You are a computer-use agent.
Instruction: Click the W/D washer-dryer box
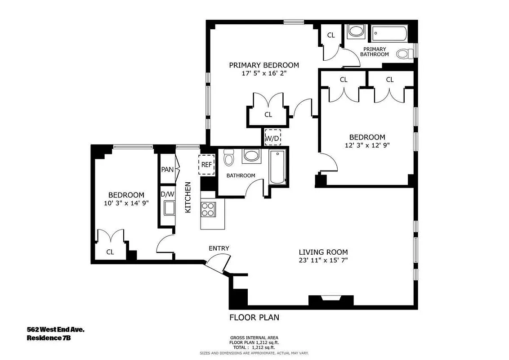pos(272,137)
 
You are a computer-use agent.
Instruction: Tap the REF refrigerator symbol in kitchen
pos(206,164)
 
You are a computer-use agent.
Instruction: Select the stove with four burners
pos(208,210)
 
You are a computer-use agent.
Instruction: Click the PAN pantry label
pos(167,170)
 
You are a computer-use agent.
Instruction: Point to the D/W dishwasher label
pos(167,194)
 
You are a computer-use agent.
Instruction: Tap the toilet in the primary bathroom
pos(405,54)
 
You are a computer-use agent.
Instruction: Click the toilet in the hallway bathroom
pos(229,158)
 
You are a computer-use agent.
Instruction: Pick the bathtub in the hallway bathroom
pos(277,167)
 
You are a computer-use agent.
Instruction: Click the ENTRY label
pos(219,248)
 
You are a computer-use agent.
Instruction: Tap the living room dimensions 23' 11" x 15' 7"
pos(323,260)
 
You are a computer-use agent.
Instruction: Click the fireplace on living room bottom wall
pos(330,300)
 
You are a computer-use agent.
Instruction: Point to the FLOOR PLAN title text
pos(254,317)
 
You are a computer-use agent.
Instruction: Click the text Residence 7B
pos(49,338)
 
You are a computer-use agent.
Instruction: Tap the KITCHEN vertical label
pos(188,197)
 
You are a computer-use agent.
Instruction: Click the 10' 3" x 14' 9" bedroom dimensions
pos(126,203)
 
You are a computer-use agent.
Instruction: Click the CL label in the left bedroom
pos(110,252)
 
